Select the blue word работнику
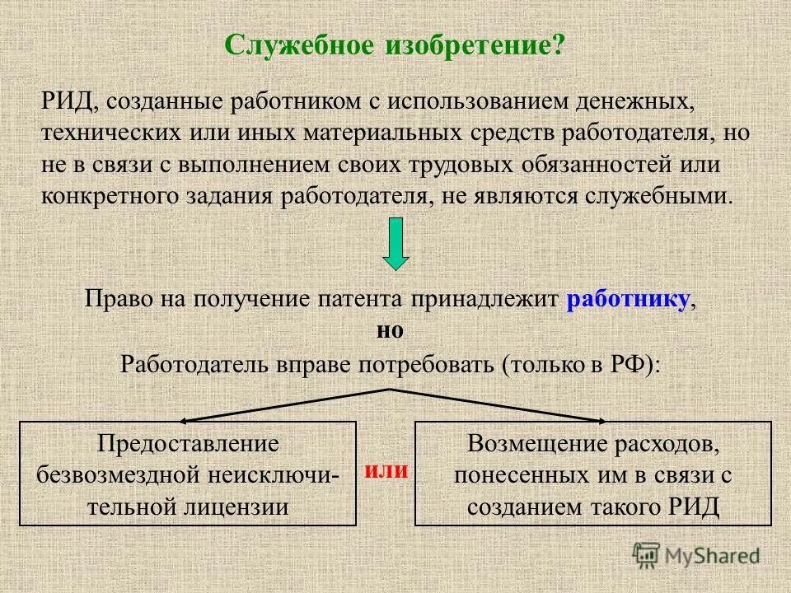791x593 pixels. pos(628,300)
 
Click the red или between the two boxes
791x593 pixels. pos(386,470)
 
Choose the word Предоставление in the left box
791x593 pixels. pos(189,443)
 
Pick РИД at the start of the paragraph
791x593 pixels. pos(66,102)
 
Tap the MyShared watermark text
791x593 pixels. pos(712,556)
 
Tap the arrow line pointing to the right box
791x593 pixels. pos(503,404)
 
